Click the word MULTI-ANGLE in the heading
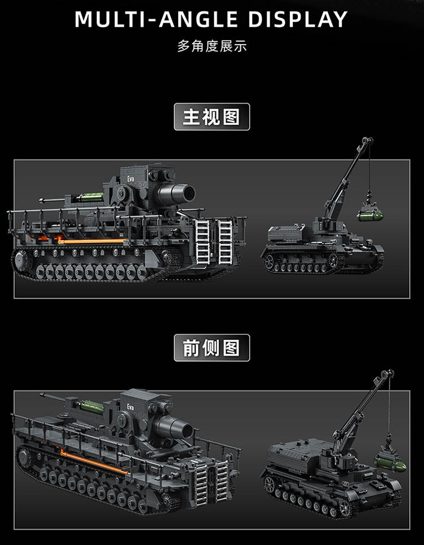pos(157,19)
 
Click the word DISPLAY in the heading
pos(298,19)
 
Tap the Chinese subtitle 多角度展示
pos(212,46)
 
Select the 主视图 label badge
pos(211,117)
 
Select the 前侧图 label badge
pos(211,348)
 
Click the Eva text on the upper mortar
pos(131,179)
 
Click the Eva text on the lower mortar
pos(131,407)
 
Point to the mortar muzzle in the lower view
pos(183,430)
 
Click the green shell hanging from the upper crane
pos(370,216)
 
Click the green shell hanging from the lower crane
pos(391,464)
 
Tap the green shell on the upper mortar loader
pos(90,197)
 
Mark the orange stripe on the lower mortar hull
pos(94,461)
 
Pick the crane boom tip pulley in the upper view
pos(367,141)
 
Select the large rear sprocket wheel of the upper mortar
pos(23,260)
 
